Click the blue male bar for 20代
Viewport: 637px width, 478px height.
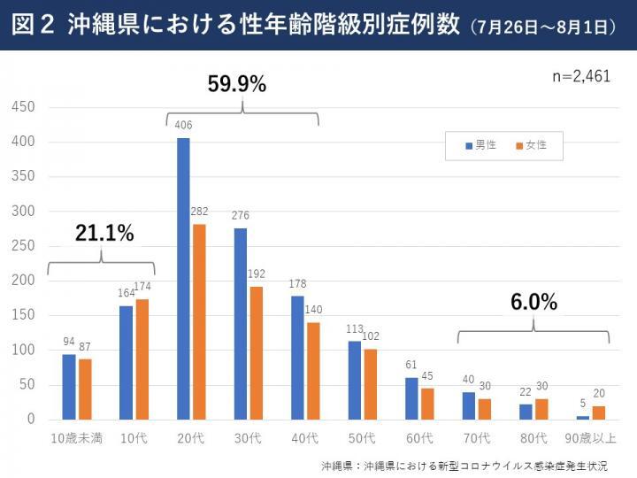[183, 278]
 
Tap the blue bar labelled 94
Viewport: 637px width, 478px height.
[68, 386]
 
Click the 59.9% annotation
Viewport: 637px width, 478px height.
[237, 84]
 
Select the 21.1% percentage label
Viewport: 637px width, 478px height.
[104, 234]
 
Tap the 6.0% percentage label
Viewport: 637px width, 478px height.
[533, 302]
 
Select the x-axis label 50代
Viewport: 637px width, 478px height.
[362, 438]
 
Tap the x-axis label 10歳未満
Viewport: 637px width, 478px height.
[77, 438]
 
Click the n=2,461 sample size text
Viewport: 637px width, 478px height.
[581, 76]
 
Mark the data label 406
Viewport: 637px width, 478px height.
[183, 126]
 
